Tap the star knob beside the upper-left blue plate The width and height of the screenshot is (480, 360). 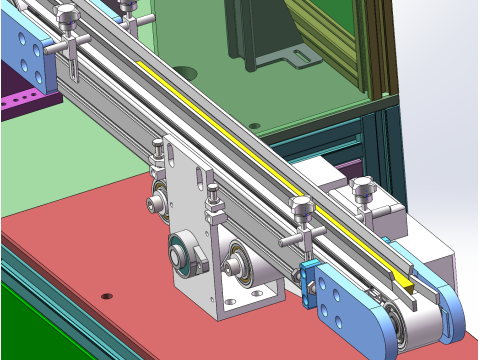[x=68, y=17]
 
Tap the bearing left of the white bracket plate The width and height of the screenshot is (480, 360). [x=157, y=205]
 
